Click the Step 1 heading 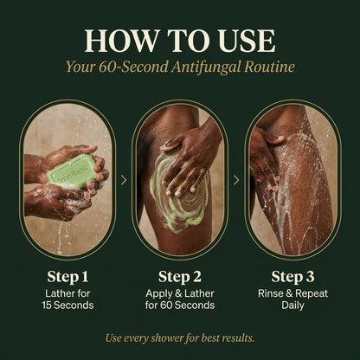(x=67, y=277)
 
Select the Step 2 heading (x=180, y=277)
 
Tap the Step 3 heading (x=292, y=277)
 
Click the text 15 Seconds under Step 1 (x=67, y=305)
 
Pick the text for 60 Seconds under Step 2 (x=180, y=305)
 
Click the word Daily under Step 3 (x=292, y=305)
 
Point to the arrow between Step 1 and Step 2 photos (x=124, y=180)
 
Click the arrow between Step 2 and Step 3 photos (x=236, y=180)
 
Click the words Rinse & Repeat (x=292, y=293)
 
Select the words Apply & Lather (x=180, y=293)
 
